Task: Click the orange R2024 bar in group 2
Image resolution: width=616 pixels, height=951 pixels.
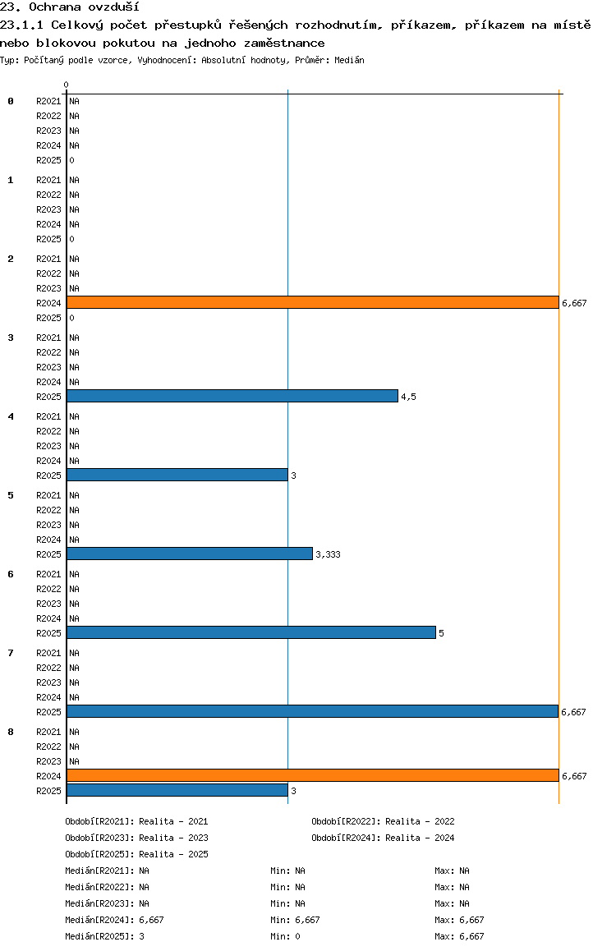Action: pos(313,303)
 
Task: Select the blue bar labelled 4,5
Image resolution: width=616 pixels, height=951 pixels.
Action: pos(232,396)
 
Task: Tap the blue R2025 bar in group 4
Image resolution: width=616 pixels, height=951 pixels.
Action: pos(177,475)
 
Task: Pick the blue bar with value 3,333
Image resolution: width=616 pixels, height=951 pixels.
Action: pos(190,554)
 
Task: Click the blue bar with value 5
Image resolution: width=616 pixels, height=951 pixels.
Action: pos(251,632)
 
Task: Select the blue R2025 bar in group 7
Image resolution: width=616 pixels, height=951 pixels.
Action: pos(312,711)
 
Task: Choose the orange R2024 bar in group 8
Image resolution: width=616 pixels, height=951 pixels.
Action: pos(313,776)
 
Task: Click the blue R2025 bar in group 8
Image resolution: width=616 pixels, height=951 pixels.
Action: pos(177,790)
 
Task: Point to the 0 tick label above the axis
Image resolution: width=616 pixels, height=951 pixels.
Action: pos(66,85)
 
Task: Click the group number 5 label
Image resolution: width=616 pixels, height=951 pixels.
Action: pos(11,495)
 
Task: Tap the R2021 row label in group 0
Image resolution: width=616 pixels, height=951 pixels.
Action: pos(48,101)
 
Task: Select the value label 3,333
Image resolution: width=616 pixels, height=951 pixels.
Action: pos(328,554)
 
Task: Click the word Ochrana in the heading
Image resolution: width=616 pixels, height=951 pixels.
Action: pos(54,7)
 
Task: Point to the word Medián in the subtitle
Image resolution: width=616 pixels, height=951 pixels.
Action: pos(349,60)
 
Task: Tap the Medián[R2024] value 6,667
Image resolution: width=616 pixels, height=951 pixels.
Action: pos(152,920)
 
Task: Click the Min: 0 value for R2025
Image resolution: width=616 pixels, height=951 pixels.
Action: pos(285,936)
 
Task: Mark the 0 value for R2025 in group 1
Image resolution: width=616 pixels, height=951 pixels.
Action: pos(71,239)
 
